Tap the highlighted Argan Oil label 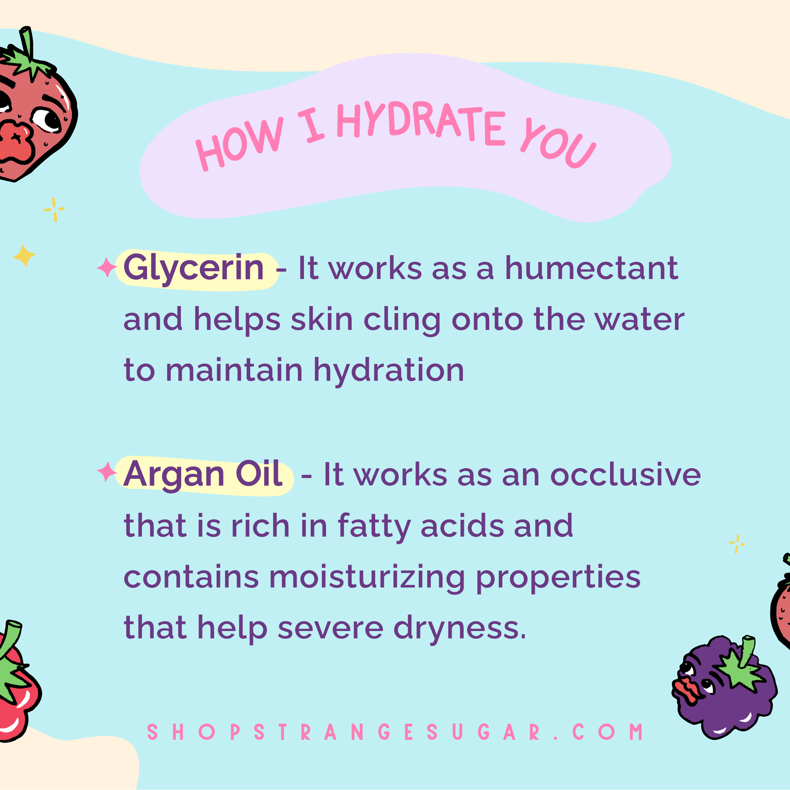pyautogui.click(x=203, y=475)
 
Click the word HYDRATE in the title pyautogui.click(x=421, y=123)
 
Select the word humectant pyautogui.click(x=592, y=268)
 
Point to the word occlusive pyautogui.click(x=626, y=475)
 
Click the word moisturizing pyautogui.click(x=367, y=578)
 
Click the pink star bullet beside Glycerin pyautogui.click(x=107, y=267)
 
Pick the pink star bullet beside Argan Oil pyautogui.click(x=107, y=472)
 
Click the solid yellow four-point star pyautogui.click(x=24, y=256)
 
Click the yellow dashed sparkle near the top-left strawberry pyautogui.click(x=54, y=210)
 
